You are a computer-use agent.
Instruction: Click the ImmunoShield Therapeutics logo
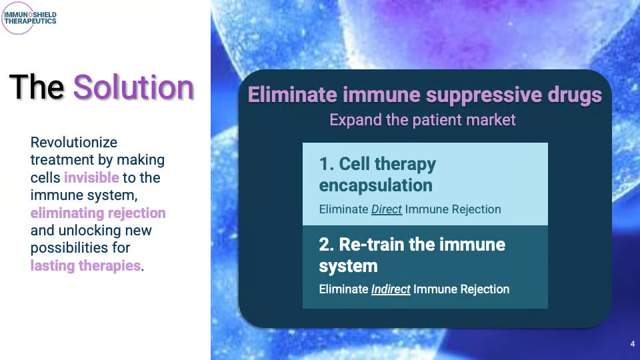(x=29, y=18)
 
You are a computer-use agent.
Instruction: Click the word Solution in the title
(x=133, y=87)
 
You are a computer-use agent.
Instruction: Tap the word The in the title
(x=37, y=87)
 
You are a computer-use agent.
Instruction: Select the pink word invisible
(x=91, y=177)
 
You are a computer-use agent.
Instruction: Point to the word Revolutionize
(x=74, y=143)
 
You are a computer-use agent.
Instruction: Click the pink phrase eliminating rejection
(x=98, y=213)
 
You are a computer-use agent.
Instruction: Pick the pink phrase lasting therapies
(x=86, y=266)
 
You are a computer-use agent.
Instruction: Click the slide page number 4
(x=632, y=344)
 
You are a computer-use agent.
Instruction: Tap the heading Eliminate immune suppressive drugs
(x=425, y=95)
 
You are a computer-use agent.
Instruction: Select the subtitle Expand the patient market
(x=423, y=120)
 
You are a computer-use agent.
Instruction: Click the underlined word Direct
(x=387, y=209)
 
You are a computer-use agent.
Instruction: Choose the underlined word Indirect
(x=391, y=289)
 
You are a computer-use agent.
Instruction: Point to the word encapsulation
(x=375, y=186)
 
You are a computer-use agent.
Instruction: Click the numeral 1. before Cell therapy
(x=327, y=164)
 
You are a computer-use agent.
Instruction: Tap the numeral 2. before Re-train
(x=327, y=245)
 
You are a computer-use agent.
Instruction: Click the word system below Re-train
(x=348, y=267)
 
